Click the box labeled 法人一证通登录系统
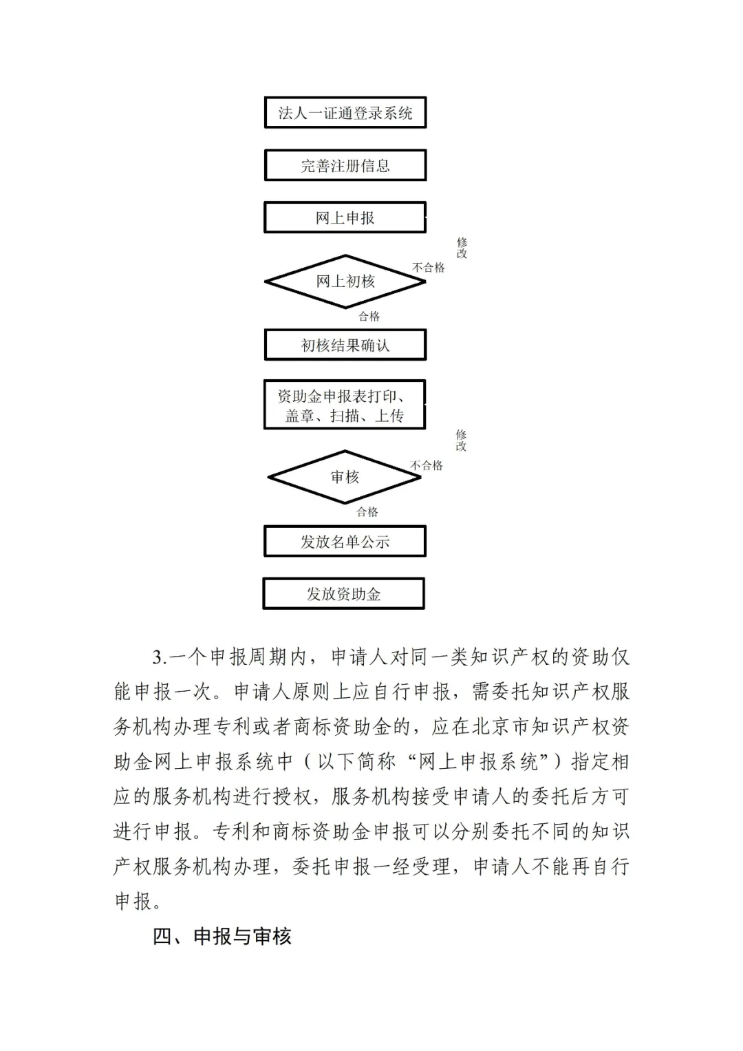pyautogui.click(x=345, y=113)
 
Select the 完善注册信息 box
pyautogui.click(x=345, y=166)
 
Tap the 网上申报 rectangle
pyautogui.click(x=345, y=218)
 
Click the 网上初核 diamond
pyautogui.click(x=345, y=282)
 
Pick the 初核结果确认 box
pyautogui.click(x=345, y=345)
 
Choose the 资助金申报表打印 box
pyautogui.click(x=345, y=405)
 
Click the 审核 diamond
pyautogui.click(x=345, y=477)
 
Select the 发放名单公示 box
pyautogui.click(x=345, y=542)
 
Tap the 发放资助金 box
pyautogui.click(x=344, y=594)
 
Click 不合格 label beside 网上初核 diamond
pyautogui.click(x=429, y=268)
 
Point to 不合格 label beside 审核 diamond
pyautogui.click(x=427, y=466)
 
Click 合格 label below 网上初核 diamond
pyautogui.click(x=369, y=317)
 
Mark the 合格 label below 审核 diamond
pyautogui.click(x=367, y=512)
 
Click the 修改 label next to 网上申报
pyautogui.click(x=462, y=248)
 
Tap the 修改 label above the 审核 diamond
pyautogui.click(x=461, y=440)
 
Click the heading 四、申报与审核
pyautogui.click(x=222, y=936)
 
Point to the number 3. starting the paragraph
pyautogui.click(x=159, y=657)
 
